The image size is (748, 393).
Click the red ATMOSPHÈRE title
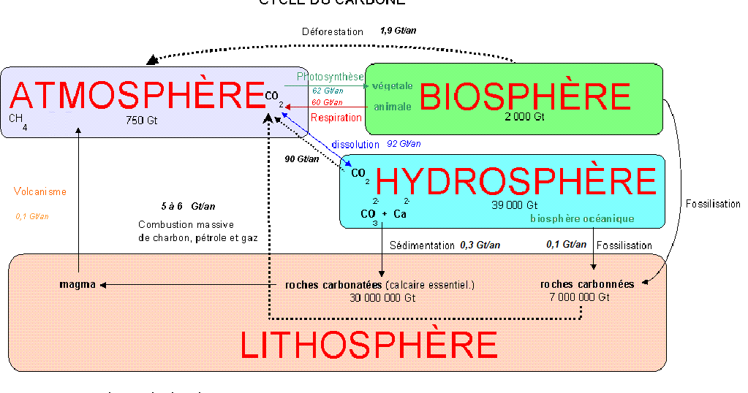[137, 96]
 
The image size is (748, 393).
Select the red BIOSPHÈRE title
[525, 96]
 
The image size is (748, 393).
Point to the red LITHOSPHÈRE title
[369, 345]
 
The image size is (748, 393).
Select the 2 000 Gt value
[524, 117]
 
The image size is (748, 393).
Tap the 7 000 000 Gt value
[578, 297]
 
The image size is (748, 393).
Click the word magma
[78, 284]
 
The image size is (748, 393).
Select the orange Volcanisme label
[40, 192]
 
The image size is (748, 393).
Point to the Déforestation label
[333, 32]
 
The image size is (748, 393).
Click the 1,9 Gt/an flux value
[398, 31]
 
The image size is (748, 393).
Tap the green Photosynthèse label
[330, 77]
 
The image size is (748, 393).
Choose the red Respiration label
[336, 117]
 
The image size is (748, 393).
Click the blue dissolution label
[355, 145]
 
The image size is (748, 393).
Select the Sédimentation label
[422, 245]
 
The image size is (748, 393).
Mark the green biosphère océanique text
[582, 218]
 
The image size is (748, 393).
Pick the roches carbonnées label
[587, 284]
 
